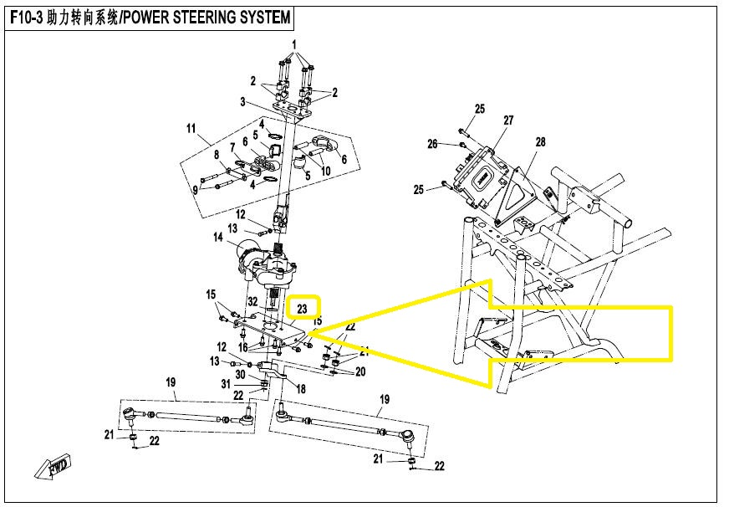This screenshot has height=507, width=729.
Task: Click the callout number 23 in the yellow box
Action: pyautogui.click(x=303, y=310)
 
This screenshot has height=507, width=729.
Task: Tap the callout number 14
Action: pyautogui.click(x=218, y=238)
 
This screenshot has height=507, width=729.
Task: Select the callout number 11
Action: pyautogui.click(x=191, y=128)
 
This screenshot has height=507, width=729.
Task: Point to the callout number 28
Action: pyautogui.click(x=540, y=142)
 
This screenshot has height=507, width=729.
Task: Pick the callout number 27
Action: pyautogui.click(x=507, y=120)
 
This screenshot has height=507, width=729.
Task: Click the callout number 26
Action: pyautogui.click(x=432, y=144)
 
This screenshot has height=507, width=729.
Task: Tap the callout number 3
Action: pyautogui.click(x=242, y=101)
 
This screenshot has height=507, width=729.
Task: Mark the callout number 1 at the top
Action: pyautogui.click(x=294, y=44)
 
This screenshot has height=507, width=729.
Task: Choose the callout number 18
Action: pyautogui.click(x=301, y=390)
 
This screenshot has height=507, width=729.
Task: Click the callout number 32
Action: pyautogui.click(x=252, y=300)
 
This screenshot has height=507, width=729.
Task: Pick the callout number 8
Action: pyautogui.click(x=216, y=155)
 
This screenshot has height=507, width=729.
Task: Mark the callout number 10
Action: pyautogui.click(x=325, y=171)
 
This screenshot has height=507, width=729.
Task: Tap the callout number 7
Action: pyautogui.click(x=232, y=147)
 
